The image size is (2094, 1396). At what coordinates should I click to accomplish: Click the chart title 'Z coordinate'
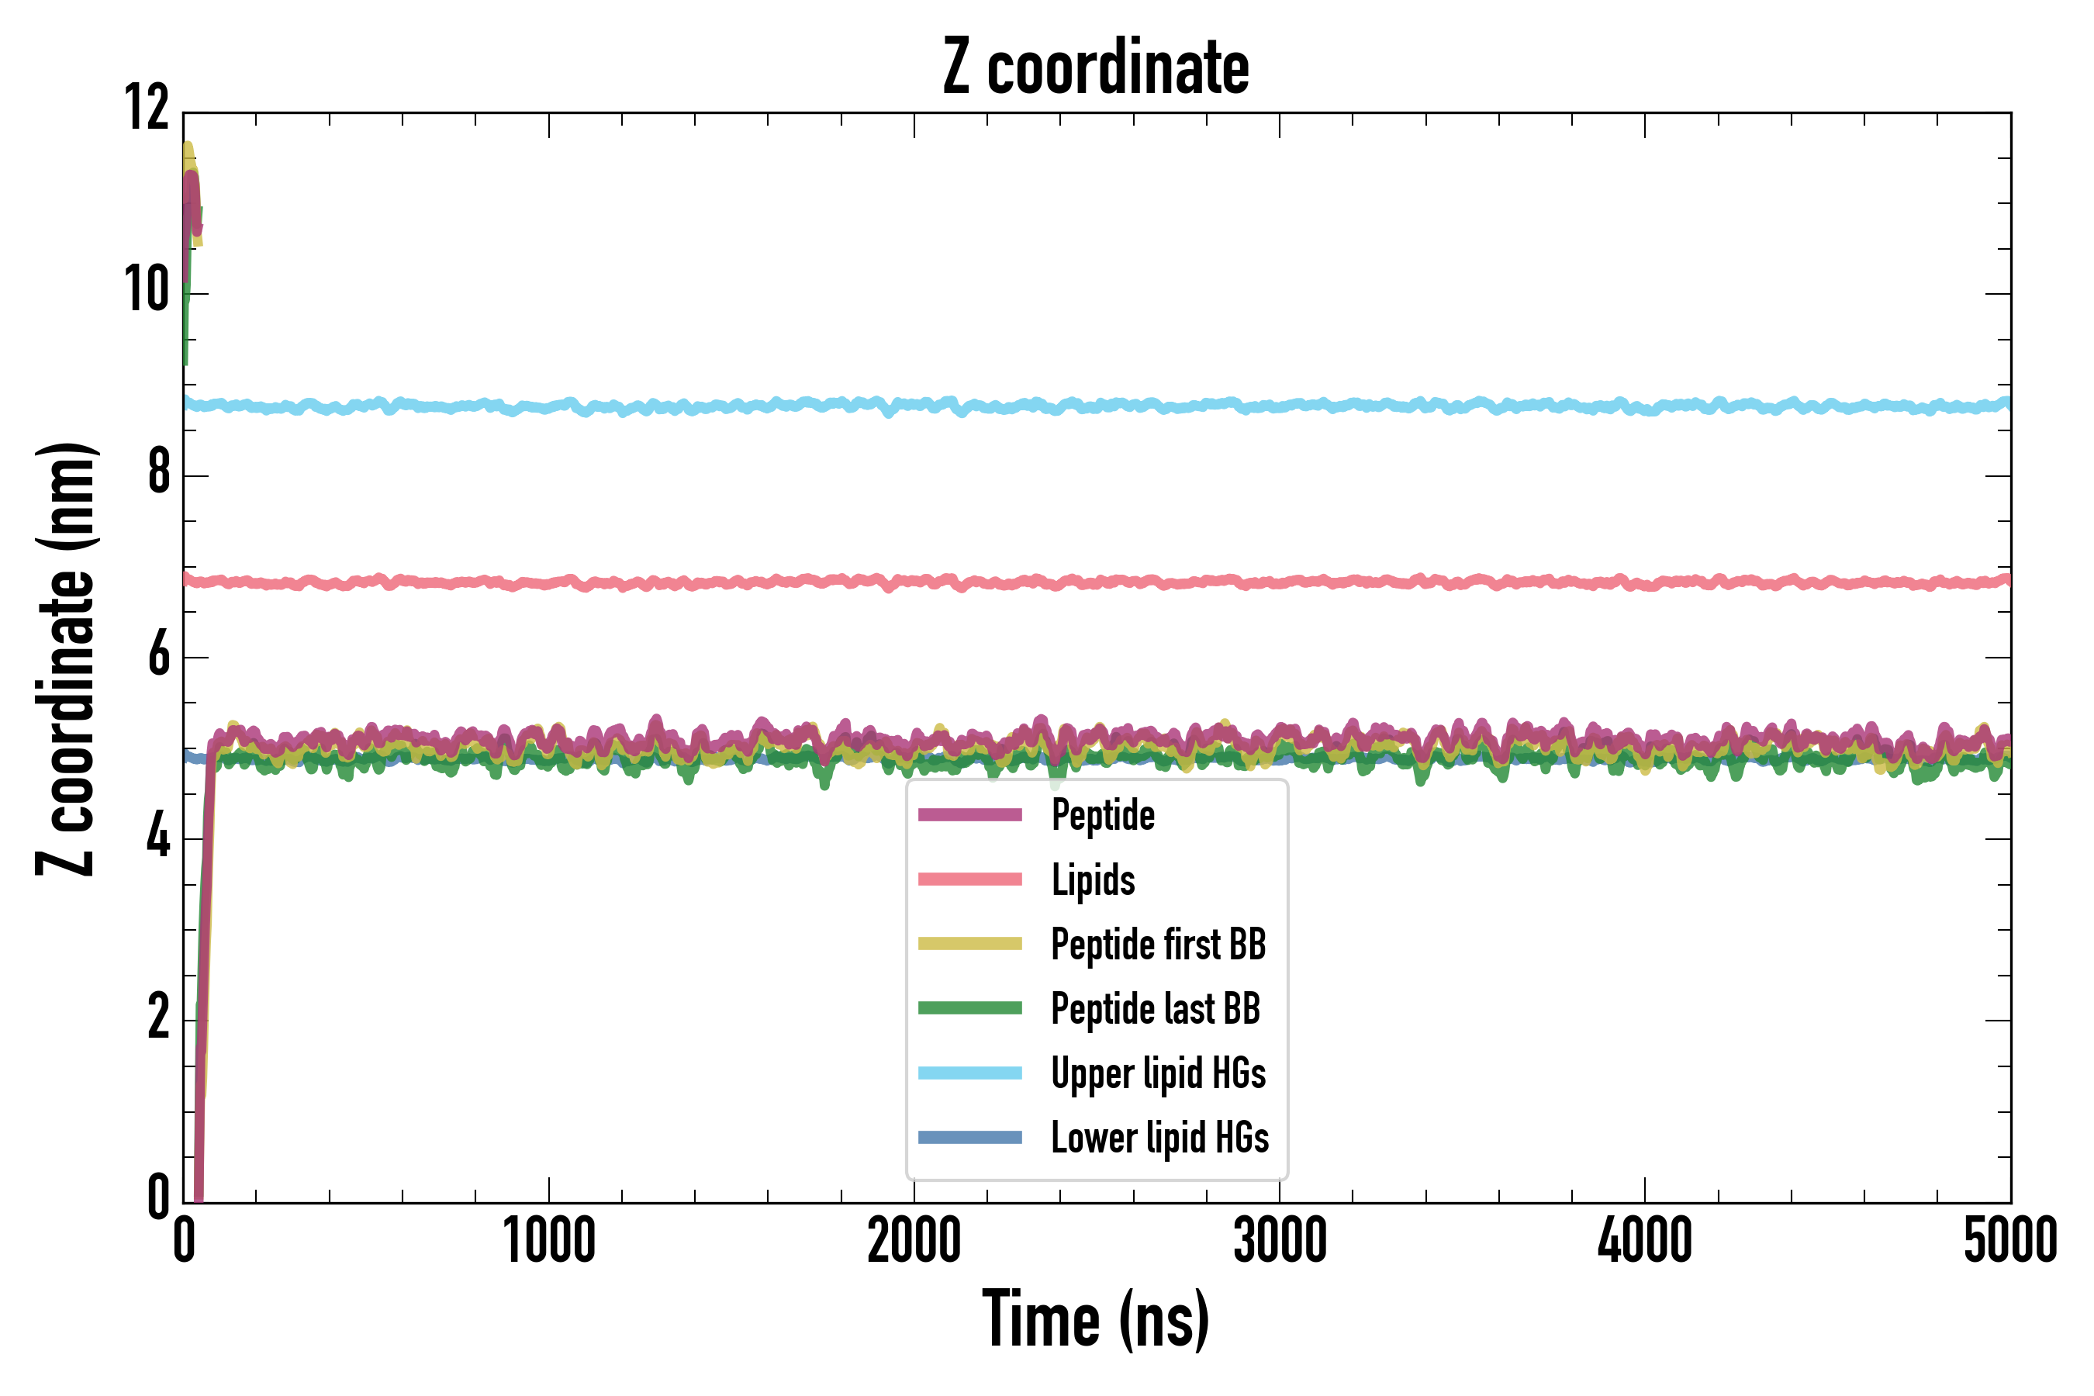click(x=1096, y=67)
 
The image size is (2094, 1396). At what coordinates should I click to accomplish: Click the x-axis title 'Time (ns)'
click(x=1096, y=1319)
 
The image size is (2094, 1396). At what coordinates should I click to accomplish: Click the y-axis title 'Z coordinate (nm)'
click(x=66, y=658)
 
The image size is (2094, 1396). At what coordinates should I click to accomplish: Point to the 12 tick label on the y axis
click(x=147, y=109)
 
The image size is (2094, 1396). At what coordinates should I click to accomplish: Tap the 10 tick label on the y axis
click(x=147, y=290)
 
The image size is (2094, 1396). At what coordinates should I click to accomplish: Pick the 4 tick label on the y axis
click(x=158, y=837)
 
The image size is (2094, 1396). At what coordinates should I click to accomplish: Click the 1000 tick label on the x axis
click(x=548, y=1240)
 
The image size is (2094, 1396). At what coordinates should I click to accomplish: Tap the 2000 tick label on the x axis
click(x=914, y=1240)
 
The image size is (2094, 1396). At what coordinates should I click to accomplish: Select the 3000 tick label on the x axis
click(x=1280, y=1240)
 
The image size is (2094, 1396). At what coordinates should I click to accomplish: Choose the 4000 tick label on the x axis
click(x=1644, y=1240)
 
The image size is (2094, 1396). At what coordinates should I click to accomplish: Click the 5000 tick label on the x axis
click(x=2010, y=1240)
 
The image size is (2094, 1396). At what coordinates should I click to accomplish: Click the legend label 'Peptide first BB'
click(x=1158, y=945)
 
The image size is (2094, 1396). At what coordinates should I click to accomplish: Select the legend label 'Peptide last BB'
click(x=1156, y=1009)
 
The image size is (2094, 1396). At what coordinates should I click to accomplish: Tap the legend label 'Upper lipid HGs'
click(x=1158, y=1073)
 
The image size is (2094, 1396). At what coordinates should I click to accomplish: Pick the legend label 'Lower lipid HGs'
click(x=1160, y=1138)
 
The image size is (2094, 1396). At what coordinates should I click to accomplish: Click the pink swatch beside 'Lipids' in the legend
click(x=969, y=879)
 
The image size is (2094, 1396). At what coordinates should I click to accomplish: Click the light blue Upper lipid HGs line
click(x=1246, y=406)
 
